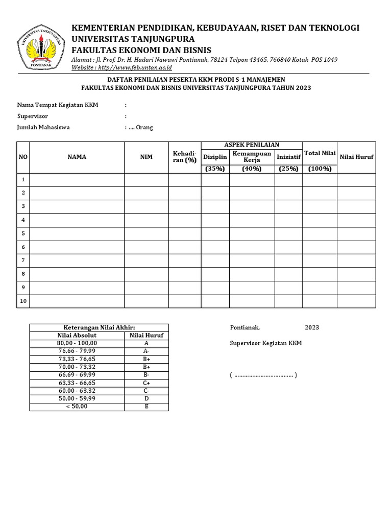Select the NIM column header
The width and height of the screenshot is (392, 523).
(x=146, y=157)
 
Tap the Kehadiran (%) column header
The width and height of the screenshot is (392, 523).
(x=184, y=157)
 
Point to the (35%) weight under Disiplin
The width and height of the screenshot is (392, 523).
(x=215, y=169)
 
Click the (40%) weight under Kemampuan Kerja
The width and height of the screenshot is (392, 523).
(x=252, y=169)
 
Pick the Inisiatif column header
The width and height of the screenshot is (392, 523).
(x=288, y=157)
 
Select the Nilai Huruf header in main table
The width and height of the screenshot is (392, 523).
(x=356, y=157)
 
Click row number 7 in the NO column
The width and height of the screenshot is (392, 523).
(x=22, y=260)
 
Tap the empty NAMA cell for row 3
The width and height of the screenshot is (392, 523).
(x=77, y=206)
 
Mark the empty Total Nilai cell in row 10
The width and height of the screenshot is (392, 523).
(x=320, y=301)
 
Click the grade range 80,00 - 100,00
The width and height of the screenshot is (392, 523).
(x=77, y=344)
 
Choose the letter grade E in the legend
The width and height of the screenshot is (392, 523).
(x=146, y=407)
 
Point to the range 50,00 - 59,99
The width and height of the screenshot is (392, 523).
(x=77, y=398)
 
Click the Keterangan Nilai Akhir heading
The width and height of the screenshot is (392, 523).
(x=99, y=327)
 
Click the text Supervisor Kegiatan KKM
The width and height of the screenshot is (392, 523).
(x=266, y=343)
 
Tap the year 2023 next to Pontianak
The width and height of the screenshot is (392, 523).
(x=312, y=327)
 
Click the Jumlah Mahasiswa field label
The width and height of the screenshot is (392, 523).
(x=43, y=128)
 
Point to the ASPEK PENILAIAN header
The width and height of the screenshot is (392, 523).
(x=252, y=145)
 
